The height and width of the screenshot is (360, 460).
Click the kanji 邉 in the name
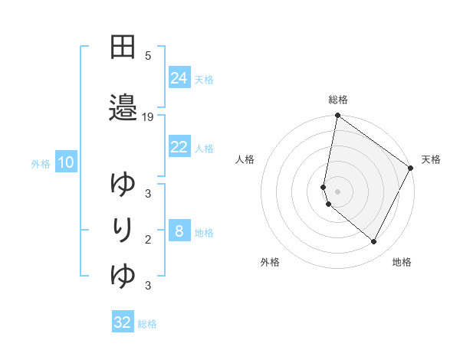[x=123, y=108]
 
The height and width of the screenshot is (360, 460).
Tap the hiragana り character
[x=123, y=229]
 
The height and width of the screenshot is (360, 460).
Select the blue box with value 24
[x=179, y=77]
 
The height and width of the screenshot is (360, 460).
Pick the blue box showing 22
[x=179, y=147]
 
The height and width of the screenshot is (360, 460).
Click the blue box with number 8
[x=179, y=231]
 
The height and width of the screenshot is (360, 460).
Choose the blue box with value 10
[x=66, y=162]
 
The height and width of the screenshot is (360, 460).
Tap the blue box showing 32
[x=123, y=322]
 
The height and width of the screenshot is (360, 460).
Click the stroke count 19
[x=148, y=117]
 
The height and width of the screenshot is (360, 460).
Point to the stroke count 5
[x=148, y=55]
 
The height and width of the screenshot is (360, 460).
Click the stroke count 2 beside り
[x=148, y=239]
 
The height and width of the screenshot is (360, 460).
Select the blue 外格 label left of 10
[x=41, y=163]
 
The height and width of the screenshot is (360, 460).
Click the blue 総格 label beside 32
[x=147, y=323]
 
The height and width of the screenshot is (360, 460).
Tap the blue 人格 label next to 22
[x=204, y=148]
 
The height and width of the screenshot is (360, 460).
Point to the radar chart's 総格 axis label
[x=338, y=100]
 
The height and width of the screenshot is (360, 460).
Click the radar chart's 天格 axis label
[x=431, y=159]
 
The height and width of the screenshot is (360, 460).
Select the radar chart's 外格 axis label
[x=270, y=262]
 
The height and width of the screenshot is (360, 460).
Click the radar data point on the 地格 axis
[x=374, y=242]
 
